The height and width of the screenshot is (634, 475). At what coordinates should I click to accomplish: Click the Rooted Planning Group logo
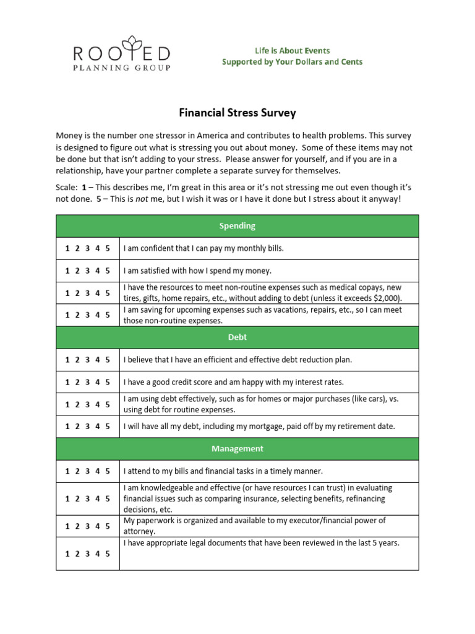(x=122, y=55)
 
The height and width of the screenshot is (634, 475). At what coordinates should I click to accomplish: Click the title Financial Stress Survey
(x=237, y=113)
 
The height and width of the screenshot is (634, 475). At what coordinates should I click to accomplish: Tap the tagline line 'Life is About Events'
(x=293, y=51)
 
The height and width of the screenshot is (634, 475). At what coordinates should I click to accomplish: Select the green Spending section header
(x=237, y=226)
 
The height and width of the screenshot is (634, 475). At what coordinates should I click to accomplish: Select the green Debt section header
(x=237, y=337)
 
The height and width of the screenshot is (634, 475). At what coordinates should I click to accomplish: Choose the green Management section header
(x=237, y=449)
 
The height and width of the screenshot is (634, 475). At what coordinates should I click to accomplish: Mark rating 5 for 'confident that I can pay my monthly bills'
(x=108, y=248)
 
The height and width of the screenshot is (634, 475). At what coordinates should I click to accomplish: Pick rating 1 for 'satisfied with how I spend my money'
(x=67, y=271)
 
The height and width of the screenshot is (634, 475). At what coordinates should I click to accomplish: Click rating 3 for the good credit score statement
(x=87, y=382)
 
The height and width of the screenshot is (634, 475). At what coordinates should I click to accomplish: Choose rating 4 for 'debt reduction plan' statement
(x=98, y=360)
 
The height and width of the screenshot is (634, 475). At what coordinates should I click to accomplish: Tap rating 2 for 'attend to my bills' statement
(x=77, y=471)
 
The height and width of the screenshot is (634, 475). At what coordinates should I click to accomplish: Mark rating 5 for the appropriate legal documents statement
(x=108, y=554)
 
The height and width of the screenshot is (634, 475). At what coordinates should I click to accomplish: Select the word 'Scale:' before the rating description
(x=67, y=186)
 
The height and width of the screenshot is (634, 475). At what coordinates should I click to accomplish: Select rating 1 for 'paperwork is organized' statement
(x=67, y=526)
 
